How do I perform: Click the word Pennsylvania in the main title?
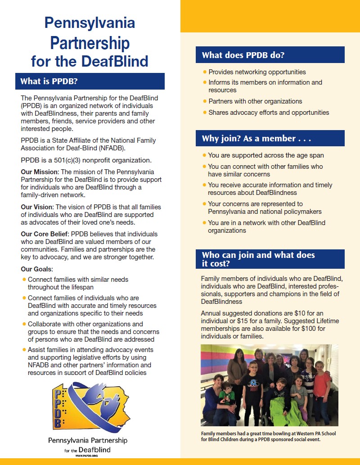point(90,23)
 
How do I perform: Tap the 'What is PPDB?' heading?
point(50,81)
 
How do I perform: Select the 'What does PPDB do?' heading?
point(243,55)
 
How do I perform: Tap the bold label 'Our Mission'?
point(40,172)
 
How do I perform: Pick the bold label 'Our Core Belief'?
point(45,235)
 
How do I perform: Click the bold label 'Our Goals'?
point(36,269)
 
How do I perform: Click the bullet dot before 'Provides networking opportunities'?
point(205,72)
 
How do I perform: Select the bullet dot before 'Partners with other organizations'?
point(205,101)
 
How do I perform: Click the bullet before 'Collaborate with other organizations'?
point(24,324)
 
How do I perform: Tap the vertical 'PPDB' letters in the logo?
point(57,407)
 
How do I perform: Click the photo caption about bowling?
point(268,436)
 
